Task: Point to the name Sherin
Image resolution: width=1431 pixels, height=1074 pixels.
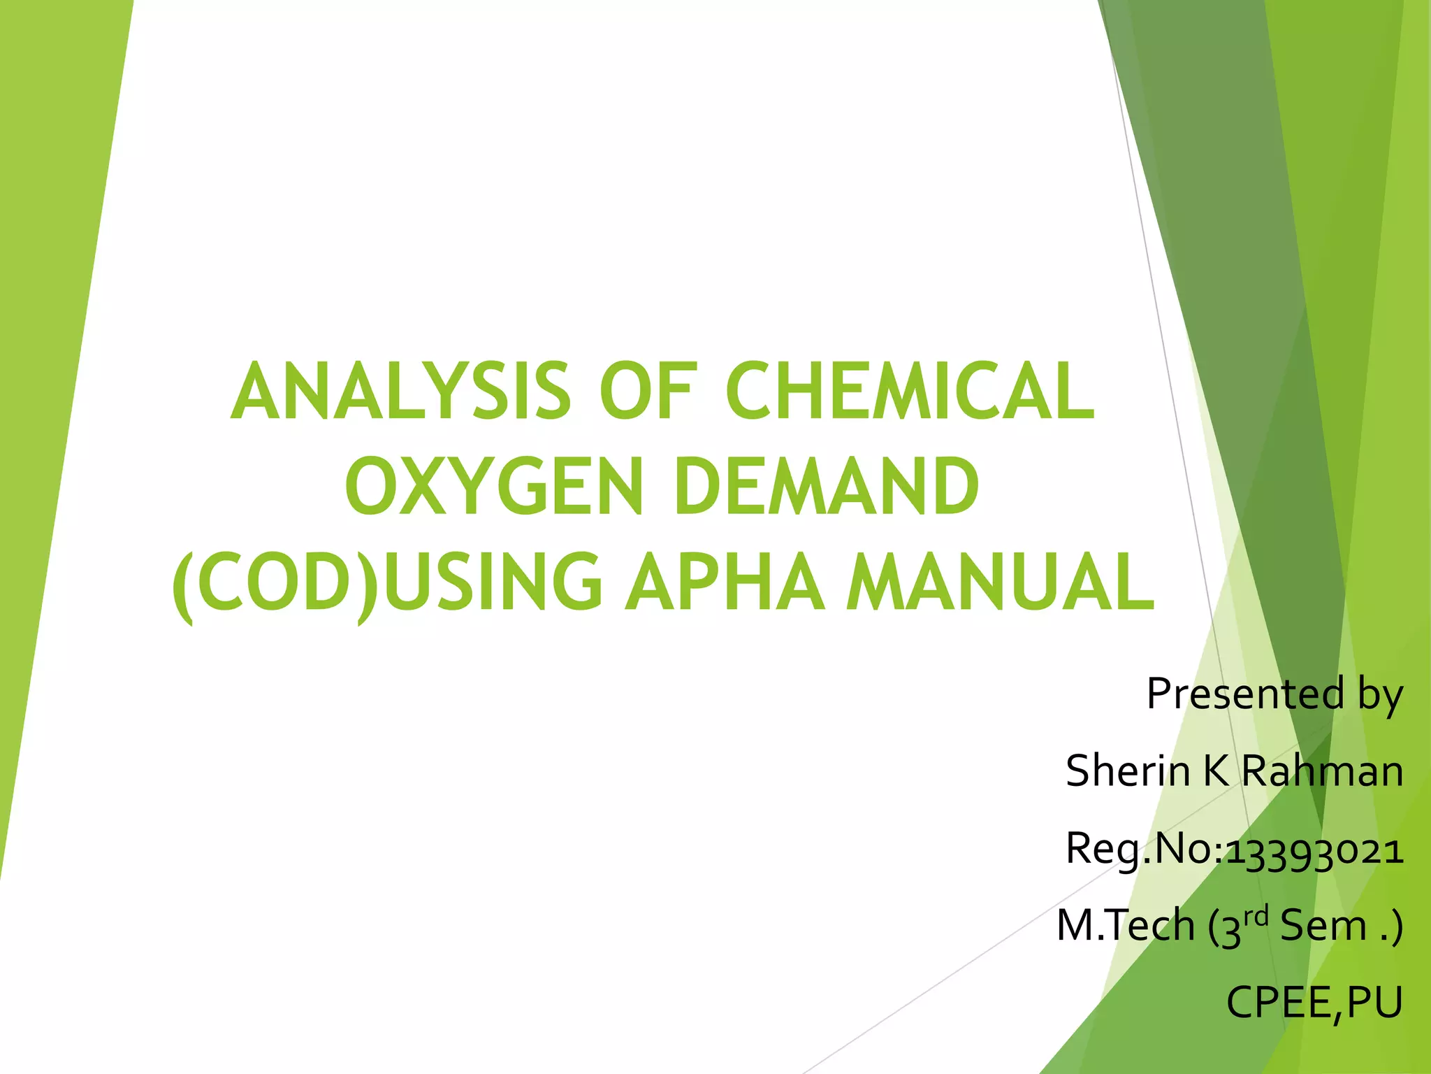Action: pyautogui.click(x=1127, y=771)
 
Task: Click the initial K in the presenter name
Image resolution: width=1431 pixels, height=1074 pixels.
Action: pyautogui.click(x=1216, y=771)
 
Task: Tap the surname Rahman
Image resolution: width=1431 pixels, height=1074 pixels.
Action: pyautogui.click(x=1323, y=771)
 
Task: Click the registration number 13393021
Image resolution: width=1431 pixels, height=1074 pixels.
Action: pyautogui.click(x=1314, y=852)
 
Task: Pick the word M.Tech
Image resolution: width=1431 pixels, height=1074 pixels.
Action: pyautogui.click(x=1126, y=926)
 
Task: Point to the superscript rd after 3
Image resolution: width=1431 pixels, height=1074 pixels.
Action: pyautogui.click(x=1256, y=915)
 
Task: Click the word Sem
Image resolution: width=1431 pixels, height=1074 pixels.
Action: pyautogui.click(x=1323, y=926)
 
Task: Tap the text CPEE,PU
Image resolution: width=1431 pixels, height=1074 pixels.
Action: pyautogui.click(x=1314, y=1003)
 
